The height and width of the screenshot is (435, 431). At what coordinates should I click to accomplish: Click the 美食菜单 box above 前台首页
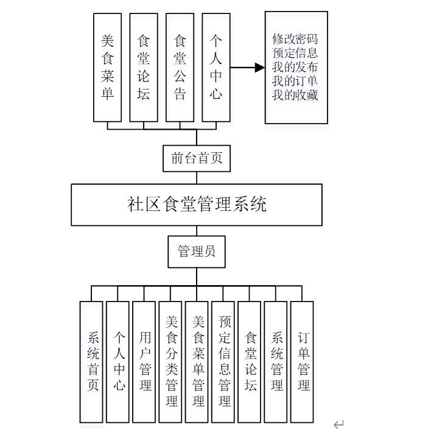coord(108,67)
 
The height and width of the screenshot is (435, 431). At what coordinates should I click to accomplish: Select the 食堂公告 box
coord(180,67)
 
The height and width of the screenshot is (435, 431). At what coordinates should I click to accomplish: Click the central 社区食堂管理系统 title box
coord(197,204)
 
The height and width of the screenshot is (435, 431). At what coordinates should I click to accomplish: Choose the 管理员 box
coord(197,251)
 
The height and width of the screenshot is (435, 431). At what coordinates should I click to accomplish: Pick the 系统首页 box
coord(91,362)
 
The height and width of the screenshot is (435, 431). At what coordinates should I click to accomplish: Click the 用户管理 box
coord(144,362)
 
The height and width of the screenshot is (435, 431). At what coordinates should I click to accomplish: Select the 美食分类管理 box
coord(171,362)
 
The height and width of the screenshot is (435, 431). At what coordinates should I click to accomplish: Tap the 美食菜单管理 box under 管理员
coord(197,362)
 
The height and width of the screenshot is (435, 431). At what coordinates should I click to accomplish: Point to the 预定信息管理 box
coord(223,362)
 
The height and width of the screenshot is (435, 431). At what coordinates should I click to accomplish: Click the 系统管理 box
coord(276,362)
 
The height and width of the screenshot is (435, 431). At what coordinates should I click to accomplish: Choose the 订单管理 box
coord(303,362)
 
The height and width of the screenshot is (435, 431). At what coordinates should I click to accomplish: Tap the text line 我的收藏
coord(295,96)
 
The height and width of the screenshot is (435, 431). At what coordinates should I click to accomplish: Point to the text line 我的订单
coord(295,82)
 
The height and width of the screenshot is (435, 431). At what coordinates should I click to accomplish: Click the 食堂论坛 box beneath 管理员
coord(250,362)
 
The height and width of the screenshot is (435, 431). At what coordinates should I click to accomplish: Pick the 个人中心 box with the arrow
coord(216,67)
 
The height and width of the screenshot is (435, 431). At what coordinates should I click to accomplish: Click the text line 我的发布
coord(295,68)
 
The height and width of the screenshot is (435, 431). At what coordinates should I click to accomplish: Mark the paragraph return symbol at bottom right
coord(338,425)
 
